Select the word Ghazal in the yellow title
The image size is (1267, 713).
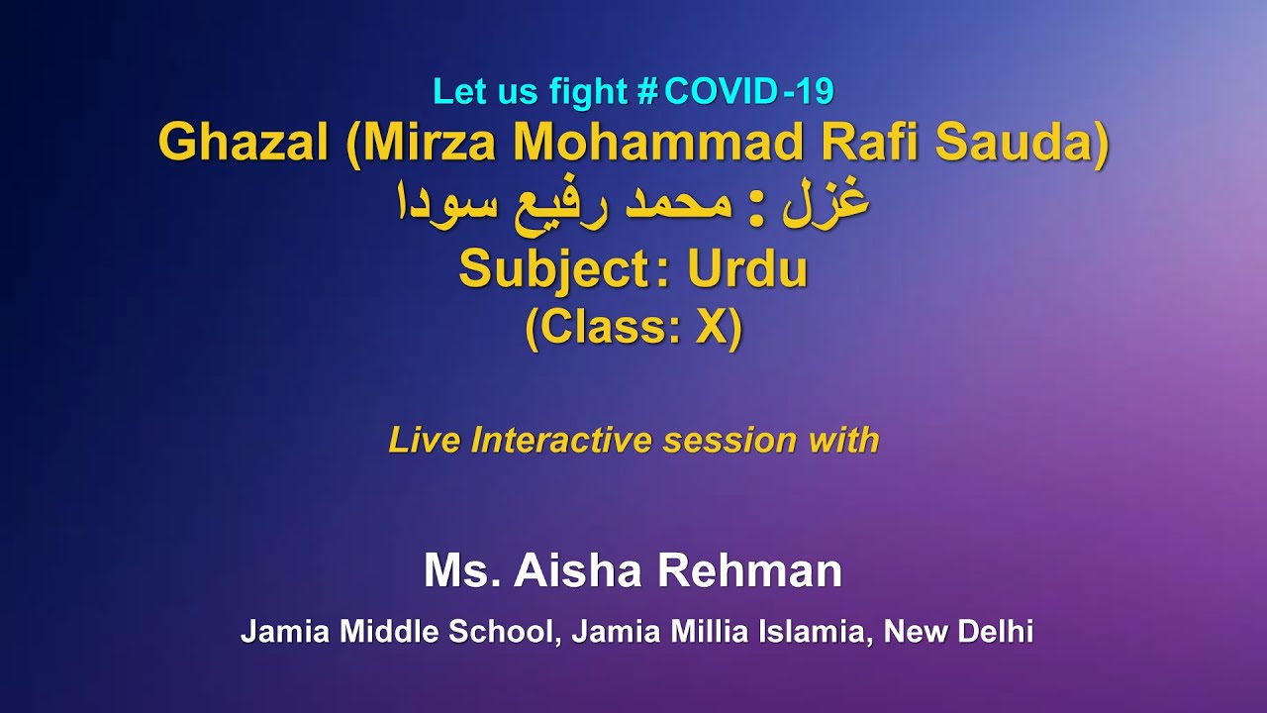(244, 144)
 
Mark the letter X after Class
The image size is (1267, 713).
(711, 329)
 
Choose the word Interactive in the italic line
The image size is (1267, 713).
(563, 440)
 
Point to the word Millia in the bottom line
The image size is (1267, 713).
(715, 632)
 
